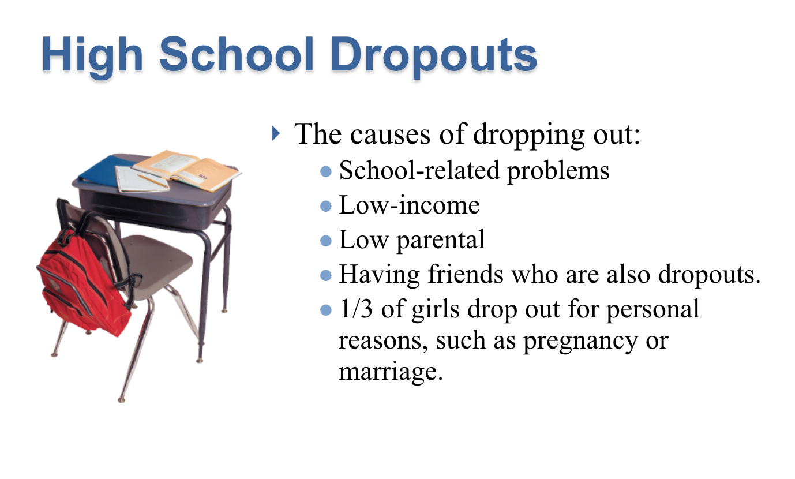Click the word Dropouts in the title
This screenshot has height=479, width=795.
(x=434, y=56)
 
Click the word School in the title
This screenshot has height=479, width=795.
(x=237, y=54)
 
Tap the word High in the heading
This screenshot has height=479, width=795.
(x=92, y=57)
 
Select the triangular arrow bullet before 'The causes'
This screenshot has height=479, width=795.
(x=276, y=133)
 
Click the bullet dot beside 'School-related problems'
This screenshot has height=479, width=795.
(x=325, y=171)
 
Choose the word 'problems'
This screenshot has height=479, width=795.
(x=558, y=171)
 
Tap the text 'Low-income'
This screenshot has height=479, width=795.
(x=409, y=205)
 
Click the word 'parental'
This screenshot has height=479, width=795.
(x=440, y=241)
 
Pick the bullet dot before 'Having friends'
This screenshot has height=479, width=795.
(x=325, y=275)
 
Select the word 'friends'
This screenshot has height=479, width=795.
(x=465, y=274)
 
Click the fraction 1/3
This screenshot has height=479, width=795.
(x=356, y=308)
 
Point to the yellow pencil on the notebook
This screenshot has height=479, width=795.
(x=153, y=181)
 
